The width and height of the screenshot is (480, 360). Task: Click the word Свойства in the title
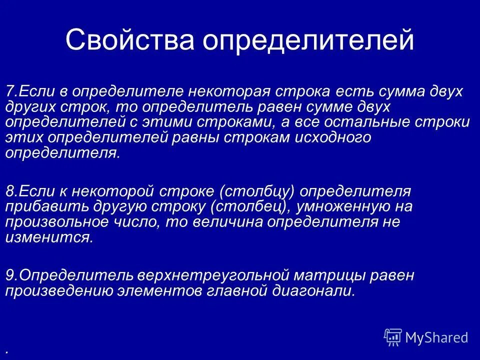tap(128, 41)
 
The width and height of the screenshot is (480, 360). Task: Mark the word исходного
tap(329, 138)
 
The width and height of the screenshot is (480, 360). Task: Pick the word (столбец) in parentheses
tap(241, 207)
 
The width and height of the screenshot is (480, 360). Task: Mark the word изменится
tap(48, 237)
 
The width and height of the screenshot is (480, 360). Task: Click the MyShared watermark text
tap(436, 337)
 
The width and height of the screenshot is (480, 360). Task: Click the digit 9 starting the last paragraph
tap(9, 275)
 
